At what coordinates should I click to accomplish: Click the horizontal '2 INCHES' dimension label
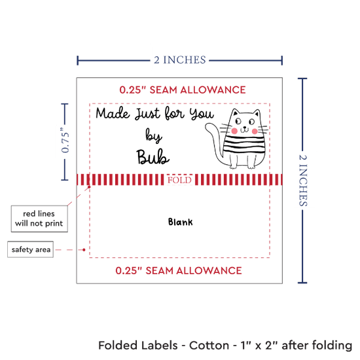point(180,60)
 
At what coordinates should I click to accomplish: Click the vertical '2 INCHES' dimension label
point(303,180)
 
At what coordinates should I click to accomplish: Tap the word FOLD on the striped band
point(179,180)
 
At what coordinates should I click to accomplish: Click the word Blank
point(181,222)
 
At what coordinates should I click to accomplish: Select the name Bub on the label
point(153,157)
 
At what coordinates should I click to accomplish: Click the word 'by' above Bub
point(154,135)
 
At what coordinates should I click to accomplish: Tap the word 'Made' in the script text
point(113,113)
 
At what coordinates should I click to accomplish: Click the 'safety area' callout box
point(31,249)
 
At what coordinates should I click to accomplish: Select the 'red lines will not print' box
point(39,219)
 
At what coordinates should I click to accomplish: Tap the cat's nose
point(245,127)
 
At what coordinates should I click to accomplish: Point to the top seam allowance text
point(183,90)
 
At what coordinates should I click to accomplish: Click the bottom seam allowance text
point(179,271)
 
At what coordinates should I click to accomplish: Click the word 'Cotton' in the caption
point(209,345)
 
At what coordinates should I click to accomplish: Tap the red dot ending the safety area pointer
point(84,249)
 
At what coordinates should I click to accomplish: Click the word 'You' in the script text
point(202,113)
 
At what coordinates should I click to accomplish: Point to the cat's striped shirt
point(244,145)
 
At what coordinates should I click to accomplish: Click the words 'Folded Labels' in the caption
point(138,345)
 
